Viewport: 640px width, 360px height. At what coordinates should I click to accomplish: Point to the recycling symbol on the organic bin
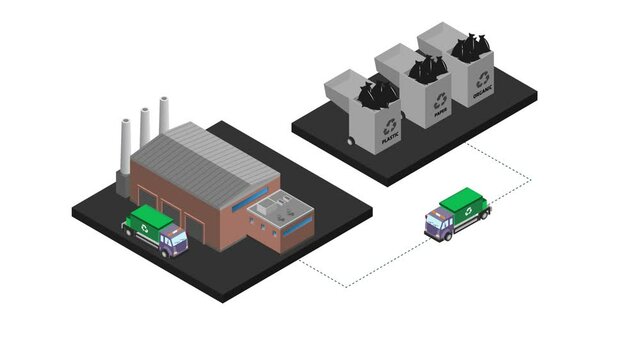point(483,77)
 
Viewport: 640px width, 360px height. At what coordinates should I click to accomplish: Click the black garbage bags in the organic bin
point(471,46)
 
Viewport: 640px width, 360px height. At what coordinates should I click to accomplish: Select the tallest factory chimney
point(163,115)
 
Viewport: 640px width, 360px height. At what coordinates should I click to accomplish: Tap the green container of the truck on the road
point(465,200)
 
